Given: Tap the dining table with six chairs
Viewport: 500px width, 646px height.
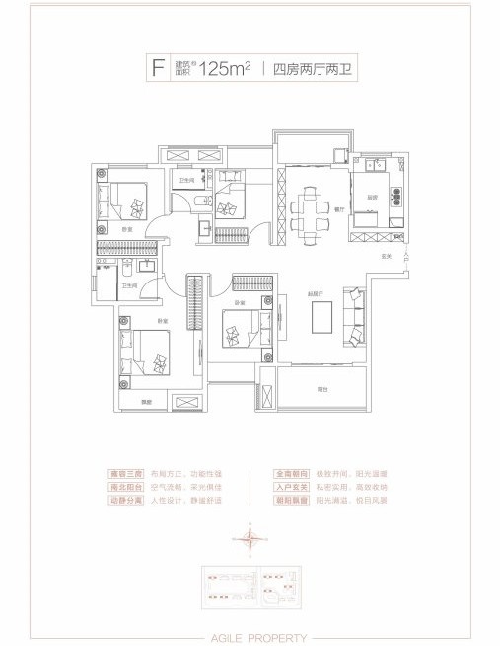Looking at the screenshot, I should pyautogui.click(x=312, y=205).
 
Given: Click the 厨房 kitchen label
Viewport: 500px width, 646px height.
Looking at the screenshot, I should pyautogui.click(x=375, y=197).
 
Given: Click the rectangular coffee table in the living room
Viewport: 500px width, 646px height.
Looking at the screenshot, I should pyautogui.click(x=322, y=319).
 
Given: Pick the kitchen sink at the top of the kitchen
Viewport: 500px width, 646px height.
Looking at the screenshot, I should pyautogui.click(x=376, y=167).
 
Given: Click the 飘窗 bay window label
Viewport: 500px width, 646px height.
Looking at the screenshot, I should pyautogui.click(x=146, y=401).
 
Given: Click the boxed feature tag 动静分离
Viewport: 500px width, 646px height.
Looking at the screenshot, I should pyautogui.click(x=126, y=502).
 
